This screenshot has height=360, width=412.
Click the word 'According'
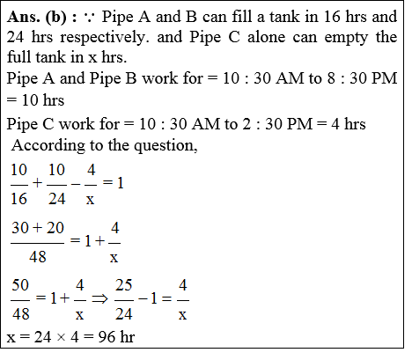coord(44,143)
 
